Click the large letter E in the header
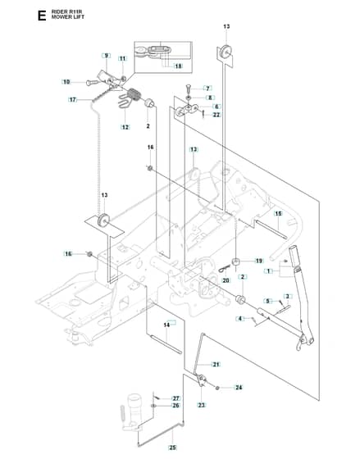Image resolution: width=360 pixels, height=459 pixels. pyautogui.click(x=42, y=16)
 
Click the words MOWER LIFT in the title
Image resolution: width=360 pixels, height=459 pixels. pyautogui.click(x=68, y=17)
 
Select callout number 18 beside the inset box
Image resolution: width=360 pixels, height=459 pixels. pyautogui.click(x=179, y=66)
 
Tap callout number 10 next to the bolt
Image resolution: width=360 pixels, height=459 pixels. pyautogui.click(x=66, y=82)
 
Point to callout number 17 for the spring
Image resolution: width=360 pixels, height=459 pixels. pyautogui.click(x=73, y=100)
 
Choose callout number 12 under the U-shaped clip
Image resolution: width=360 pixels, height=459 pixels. pyautogui.click(x=125, y=127)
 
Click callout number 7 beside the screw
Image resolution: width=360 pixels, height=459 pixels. pyautogui.click(x=207, y=89)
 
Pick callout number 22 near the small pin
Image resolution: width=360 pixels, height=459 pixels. pyautogui.click(x=216, y=115)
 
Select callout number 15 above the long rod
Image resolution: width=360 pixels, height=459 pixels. pyautogui.click(x=278, y=213)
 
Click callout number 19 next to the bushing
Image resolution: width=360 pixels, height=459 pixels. pyautogui.click(x=259, y=261)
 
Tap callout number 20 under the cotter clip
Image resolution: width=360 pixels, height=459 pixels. pyautogui.click(x=226, y=280)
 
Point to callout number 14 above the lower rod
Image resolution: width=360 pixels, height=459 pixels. pyautogui.click(x=166, y=325)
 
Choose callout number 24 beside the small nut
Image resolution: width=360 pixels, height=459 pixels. pyautogui.click(x=239, y=388)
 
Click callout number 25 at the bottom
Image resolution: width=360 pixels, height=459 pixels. pyautogui.click(x=173, y=448)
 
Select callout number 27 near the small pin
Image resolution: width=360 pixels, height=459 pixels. pyautogui.click(x=175, y=398)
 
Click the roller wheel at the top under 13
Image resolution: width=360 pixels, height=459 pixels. pyautogui.click(x=226, y=52)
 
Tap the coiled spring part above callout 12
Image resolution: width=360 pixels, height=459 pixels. pyautogui.click(x=135, y=95)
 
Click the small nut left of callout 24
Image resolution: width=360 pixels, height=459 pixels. pyautogui.click(x=217, y=388)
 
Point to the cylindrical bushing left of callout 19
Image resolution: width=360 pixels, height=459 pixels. pyautogui.click(x=235, y=261)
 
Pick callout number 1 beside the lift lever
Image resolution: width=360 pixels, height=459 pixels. pyautogui.click(x=268, y=271)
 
